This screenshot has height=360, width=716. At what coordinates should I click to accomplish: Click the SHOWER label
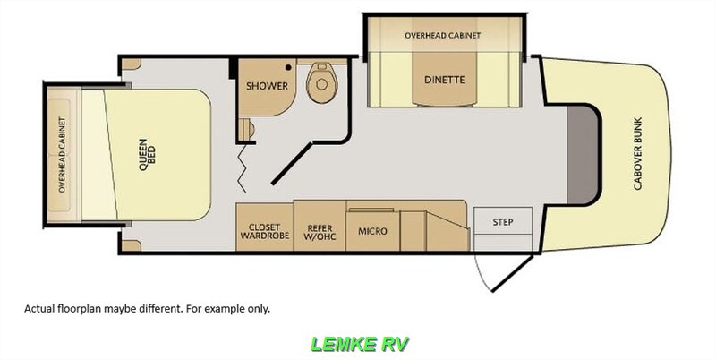[267, 86]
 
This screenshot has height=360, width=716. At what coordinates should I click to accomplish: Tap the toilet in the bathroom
[322, 82]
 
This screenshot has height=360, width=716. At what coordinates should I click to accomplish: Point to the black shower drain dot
[288, 68]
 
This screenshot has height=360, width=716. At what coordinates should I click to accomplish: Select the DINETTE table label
[444, 80]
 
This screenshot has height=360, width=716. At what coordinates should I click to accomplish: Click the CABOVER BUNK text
[637, 153]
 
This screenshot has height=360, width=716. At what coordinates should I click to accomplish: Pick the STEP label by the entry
[503, 222]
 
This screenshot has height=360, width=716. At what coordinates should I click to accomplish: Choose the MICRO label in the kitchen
[372, 231]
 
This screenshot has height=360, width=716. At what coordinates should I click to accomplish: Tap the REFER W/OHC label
[320, 232]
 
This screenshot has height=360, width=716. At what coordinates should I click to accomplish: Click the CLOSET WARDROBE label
[265, 231]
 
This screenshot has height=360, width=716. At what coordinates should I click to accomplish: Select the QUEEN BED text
[147, 154]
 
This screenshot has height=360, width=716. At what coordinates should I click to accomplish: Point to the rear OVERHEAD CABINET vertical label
[62, 154]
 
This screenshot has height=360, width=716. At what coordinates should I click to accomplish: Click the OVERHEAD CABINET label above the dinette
[442, 35]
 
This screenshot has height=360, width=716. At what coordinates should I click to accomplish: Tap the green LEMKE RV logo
[360, 344]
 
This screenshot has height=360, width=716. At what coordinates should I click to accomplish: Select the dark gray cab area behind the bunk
[583, 154]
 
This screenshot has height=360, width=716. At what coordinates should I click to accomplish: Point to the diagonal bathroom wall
[293, 164]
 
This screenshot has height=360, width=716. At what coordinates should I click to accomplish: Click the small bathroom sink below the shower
[247, 129]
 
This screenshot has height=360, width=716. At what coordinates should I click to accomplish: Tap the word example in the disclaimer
[221, 309]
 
